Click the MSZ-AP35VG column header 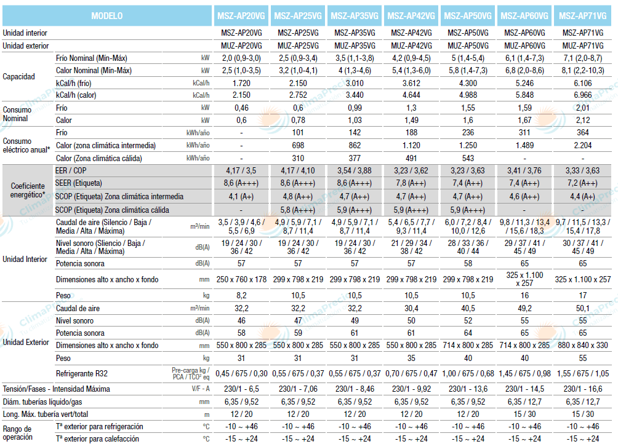[355, 15]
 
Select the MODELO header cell [106, 15]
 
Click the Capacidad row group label [19, 77]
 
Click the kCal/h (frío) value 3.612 [411, 83]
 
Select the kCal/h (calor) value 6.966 [582, 95]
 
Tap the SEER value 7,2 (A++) [582, 184]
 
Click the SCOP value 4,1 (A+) [241, 197]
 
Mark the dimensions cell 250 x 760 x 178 [241, 279]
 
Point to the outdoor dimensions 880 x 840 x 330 [582, 346]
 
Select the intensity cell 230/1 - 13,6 [468, 389]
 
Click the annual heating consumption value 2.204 [582, 146]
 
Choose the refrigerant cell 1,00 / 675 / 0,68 [468, 373]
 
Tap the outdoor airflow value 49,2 [525, 308]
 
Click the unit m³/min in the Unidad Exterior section [200, 308]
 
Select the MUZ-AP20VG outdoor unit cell [241, 46]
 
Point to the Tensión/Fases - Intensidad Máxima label [57, 389]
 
